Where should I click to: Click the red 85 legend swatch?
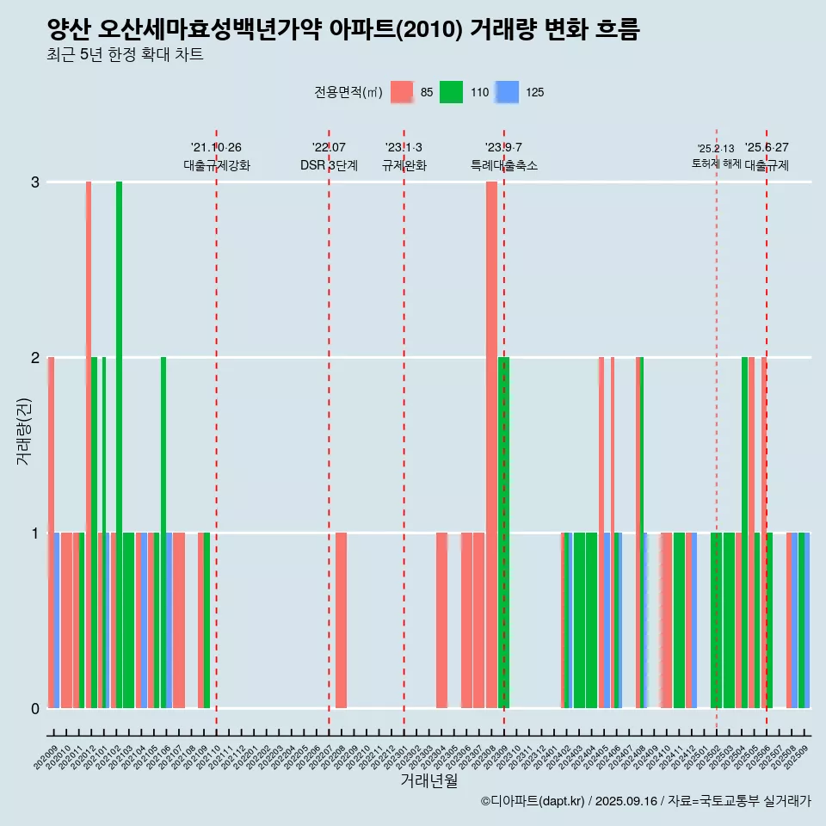coord(402,92)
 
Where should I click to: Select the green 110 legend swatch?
coord(451,92)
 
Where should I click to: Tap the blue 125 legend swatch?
coord(508,92)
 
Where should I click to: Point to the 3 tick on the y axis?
coord(35,182)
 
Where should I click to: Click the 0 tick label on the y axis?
coord(35,709)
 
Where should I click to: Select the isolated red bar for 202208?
coord(342,619)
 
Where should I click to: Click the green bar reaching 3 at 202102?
coord(120,444)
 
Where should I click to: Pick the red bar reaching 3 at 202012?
coord(88,444)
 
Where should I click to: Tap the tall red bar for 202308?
coord(491,444)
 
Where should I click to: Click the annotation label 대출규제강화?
coord(217,166)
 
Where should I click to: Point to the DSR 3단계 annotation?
coord(329,166)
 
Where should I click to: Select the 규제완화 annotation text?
coord(404,166)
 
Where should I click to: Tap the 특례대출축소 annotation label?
coord(504,166)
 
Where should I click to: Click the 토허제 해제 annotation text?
coord(716,163)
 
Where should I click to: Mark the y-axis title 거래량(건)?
coord(23,431)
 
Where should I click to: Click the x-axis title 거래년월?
coord(428,780)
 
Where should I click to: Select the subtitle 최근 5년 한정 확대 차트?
coord(126,56)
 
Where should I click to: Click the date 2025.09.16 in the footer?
coord(626,801)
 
